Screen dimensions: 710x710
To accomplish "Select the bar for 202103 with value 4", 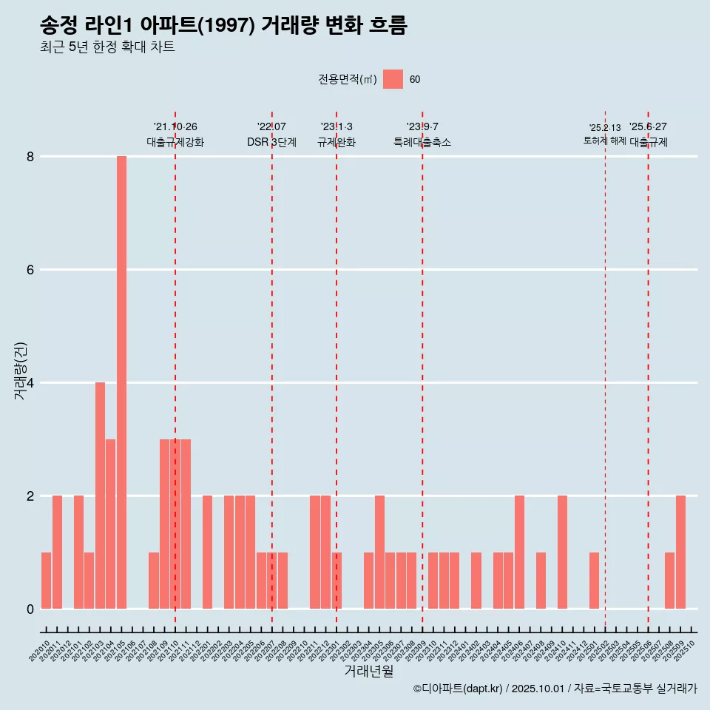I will pos(100,496).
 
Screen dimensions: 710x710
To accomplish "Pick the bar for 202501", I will pos(594,581).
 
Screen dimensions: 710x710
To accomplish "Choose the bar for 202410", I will pos(562,552).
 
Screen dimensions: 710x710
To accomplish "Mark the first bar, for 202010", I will pos(46,581).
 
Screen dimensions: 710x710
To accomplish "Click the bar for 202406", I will pos(519,552).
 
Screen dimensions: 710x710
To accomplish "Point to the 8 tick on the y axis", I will pos(30,157).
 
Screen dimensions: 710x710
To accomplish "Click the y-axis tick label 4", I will pos(30,383).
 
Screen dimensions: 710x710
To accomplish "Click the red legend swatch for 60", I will pos(393,79).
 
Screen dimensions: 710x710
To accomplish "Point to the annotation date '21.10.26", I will pos(175,127).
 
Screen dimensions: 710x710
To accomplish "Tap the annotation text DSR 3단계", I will pos(271,142).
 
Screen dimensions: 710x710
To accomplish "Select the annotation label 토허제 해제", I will pos(604,141).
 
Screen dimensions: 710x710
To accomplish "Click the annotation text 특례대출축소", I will pos(422,142).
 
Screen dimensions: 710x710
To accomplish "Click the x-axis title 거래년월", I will pos(368,672).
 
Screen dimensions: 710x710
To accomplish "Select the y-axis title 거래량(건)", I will pos(20,370).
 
